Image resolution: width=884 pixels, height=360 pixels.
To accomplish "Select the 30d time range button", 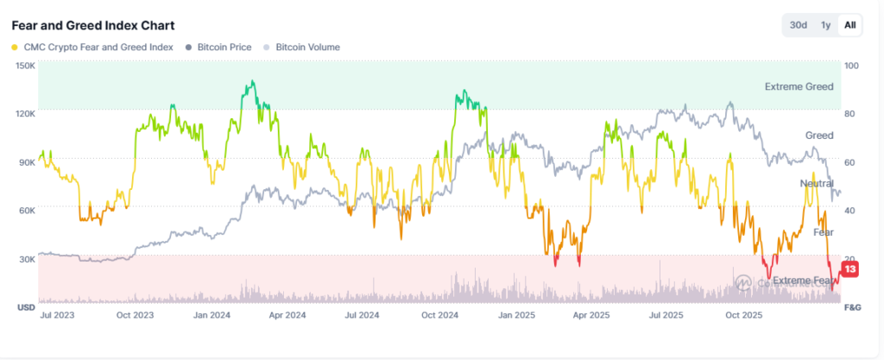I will [x=799, y=25].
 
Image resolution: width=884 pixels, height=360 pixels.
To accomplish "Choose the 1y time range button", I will [x=825, y=25].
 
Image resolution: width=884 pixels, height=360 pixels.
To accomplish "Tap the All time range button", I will [x=849, y=25].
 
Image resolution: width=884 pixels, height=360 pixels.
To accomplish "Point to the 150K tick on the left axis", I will [x=25, y=66].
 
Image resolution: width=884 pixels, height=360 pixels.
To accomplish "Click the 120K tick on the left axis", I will [x=25, y=114].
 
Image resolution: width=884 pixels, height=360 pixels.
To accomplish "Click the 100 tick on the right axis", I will [x=850, y=66].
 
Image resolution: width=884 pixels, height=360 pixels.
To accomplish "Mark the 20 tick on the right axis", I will [x=849, y=259].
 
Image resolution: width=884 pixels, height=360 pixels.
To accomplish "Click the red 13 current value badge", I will [x=849, y=270].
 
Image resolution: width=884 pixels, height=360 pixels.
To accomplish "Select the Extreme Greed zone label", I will [x=799, y=87].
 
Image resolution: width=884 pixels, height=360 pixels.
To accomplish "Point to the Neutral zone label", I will [x=816, y=184].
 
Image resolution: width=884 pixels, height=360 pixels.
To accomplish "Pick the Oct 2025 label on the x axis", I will [x=745, y=316].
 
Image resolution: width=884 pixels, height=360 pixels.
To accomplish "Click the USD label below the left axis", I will [x=26, y=307].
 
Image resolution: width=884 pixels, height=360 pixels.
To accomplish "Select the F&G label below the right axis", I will [x=852, y=307].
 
